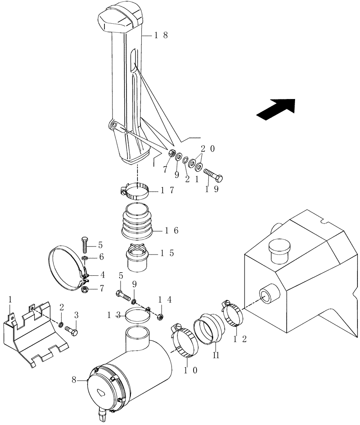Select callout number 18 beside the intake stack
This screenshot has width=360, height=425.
(x=161, y=36)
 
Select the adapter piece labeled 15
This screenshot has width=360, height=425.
(x=137, y=258)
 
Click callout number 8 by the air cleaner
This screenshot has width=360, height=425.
(x=74, y=380)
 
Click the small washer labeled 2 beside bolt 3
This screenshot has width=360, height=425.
(x=61, y=325)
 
